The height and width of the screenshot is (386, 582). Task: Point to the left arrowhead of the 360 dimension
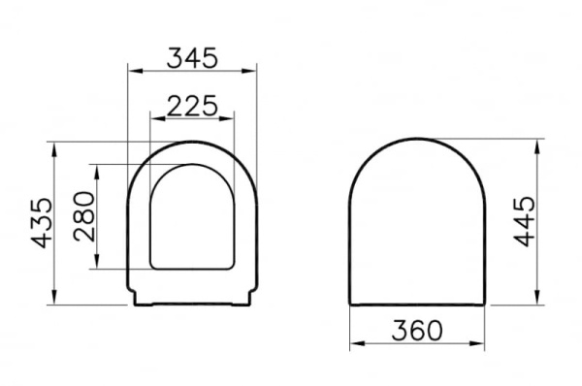[x=356, y=344]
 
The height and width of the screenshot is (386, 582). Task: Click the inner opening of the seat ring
[x=194, y=218]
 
